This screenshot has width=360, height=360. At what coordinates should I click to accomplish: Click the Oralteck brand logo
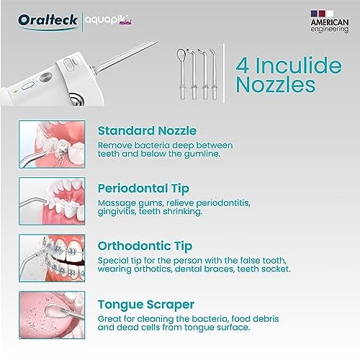coord(48,21)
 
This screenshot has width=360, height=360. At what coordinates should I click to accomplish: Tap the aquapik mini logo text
coord(109,20)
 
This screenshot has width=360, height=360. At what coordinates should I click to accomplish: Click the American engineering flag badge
coord(330,22)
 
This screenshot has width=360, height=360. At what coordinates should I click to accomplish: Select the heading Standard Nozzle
coord(147,131)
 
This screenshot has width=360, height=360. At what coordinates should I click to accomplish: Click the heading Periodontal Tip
coord(143,189)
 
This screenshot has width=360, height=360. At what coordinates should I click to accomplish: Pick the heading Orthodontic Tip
coord(145,246)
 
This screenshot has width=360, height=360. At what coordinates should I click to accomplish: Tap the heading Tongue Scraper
coord(146,305)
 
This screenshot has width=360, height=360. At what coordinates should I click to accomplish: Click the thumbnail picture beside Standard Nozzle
coord(52,144)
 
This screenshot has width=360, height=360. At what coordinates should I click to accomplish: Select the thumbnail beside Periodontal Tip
coord(52,201)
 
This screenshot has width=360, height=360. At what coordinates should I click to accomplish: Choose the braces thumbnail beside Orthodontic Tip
coord(52,258)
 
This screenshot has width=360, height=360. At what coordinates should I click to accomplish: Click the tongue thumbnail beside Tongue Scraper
coord(52,315)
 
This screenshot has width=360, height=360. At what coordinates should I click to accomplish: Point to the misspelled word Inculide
coord(298,66)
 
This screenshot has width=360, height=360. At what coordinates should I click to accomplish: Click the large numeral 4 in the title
coord(242,66)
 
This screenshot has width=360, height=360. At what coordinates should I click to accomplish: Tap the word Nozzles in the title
coord(276,85)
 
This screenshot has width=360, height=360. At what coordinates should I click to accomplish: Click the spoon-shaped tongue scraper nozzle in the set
coord(182,74)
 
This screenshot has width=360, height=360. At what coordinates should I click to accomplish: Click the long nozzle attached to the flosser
coord(125,57)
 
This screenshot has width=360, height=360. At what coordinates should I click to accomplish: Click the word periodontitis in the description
coord(223,204)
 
